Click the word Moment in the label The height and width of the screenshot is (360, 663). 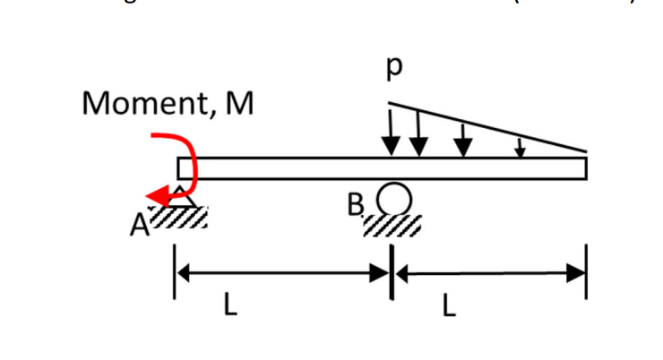(x=142, y=105)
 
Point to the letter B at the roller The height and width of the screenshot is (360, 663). (x=356, y=208)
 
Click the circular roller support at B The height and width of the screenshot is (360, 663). (x=394, y=198)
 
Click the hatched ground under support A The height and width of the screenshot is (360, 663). (x=179, y=217)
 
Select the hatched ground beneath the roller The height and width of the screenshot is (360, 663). (x=392, y=225)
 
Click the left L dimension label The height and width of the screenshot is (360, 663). (x=231, y=307)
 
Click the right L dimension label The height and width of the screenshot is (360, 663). (x=449, y=307)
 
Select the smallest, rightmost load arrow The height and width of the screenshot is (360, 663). (x=520, y=147)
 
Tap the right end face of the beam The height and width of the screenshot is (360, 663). (x=587, y=168)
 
